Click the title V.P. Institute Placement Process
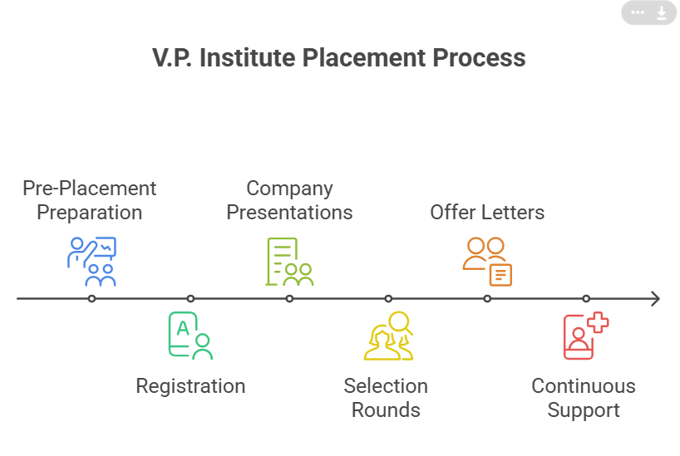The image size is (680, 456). click(x=339, y=58)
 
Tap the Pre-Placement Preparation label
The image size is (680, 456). click(x=90, y=200)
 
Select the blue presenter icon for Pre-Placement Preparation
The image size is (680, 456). click(x=91, y=261)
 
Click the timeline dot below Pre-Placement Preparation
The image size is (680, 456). click(x=91, y=298)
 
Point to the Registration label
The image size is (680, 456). click(x=190, y=386)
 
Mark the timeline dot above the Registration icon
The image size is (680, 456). click(x=190, y=298)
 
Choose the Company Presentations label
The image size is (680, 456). click(x=289, y=200)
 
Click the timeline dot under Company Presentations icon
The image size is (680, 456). click(x=289, y=298)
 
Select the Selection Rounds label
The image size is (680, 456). click(x=386, y=398)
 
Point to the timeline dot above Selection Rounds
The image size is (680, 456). click(x=388, y=298)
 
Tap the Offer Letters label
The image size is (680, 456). click(x=487, y=212)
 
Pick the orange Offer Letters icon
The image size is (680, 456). click(x=487, y=261)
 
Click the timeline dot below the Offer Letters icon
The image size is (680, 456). click(x=487, y=298)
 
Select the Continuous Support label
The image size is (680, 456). click(x=584, y=398)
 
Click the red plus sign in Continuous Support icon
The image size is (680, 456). click(x=598, y=322)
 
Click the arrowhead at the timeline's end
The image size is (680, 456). click(x=655, y=298)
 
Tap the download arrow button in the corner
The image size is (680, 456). click(x=662, y=12)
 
